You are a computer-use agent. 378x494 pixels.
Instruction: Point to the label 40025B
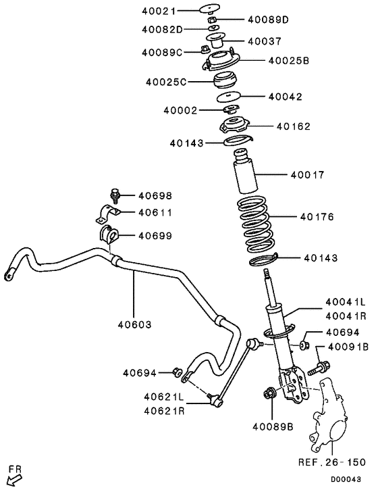coord(288,61)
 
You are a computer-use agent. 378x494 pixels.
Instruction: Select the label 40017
coord(307,174)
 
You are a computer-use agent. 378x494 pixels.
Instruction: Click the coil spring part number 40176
coord(316,217)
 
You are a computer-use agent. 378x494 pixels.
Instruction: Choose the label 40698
coord(155,196)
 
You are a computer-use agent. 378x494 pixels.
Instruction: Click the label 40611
coord(155,212)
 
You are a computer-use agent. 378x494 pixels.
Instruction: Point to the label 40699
coord(155,236)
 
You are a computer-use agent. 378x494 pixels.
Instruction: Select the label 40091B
coord(347,347)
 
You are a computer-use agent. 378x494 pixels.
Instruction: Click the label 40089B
coord(273,426)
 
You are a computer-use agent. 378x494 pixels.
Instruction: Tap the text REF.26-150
coord(331,463)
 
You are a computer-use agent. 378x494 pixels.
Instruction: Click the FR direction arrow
coord(13,478)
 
